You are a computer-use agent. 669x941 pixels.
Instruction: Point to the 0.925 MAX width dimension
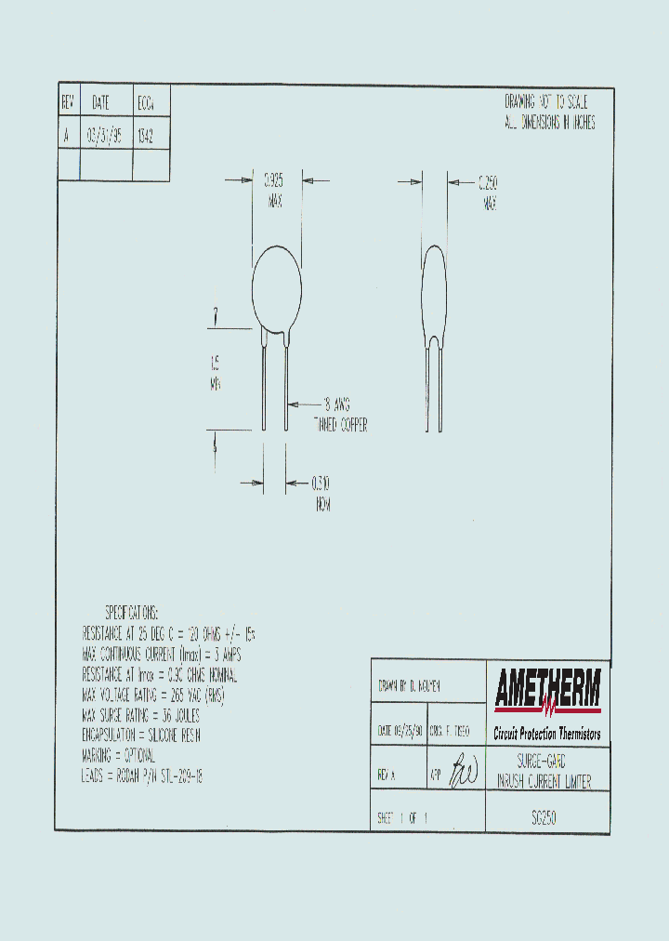[274, 189]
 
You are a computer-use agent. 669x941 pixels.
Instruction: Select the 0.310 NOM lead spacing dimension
[321, 493]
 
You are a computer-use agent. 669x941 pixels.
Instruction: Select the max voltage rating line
[153, 695]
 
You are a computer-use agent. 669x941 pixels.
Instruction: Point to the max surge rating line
[140, 715]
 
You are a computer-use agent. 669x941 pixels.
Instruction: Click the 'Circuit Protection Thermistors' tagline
[547, 734]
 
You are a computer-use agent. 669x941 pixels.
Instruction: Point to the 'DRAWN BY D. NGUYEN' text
[410, 686]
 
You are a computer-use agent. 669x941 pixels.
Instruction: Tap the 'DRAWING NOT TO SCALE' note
[545, 103]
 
